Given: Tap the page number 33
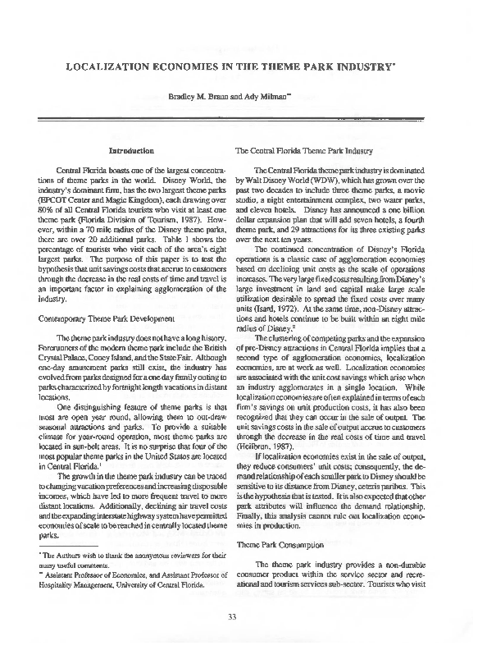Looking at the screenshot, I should (x=243, y=617).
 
